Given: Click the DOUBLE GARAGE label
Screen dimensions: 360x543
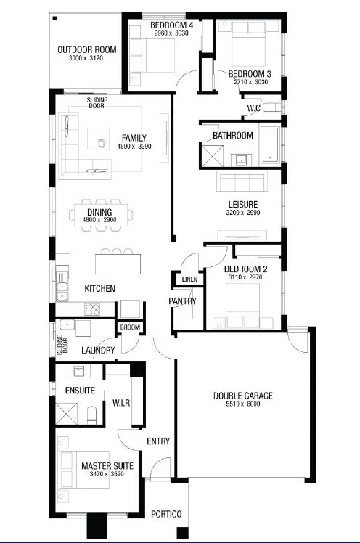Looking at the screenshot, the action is [x=243, y=396].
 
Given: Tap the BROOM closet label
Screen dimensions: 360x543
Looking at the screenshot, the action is [x=130, y=327].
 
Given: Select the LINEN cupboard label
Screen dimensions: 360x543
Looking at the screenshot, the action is [x=189, y=279].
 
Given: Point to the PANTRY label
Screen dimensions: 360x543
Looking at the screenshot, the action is [x=182, y=301].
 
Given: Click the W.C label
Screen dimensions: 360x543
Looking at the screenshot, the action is [x=254, y=108].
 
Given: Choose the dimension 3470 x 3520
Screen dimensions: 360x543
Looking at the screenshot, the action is [x=107, y=474].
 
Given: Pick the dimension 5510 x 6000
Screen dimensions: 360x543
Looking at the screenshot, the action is [x=243, y=404].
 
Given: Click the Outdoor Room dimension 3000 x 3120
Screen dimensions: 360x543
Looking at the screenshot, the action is [x=86, y=58].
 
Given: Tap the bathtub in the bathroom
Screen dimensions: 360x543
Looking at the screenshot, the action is [x=270, y=144].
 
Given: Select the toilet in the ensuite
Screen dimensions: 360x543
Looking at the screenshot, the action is [x=91, y=415].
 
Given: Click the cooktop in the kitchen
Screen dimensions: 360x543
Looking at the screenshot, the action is [x=92, y=309].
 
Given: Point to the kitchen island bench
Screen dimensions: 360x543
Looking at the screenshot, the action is [x=118, y=264].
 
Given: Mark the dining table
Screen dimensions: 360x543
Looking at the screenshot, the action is [x=101, y=215].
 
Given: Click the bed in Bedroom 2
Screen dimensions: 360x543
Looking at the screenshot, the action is [x=243, y=306].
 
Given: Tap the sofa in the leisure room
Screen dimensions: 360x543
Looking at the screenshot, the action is [x=242, y=181].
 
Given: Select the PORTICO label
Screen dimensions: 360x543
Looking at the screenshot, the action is [x=166, y=514].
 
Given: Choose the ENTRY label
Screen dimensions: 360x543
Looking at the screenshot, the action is [x=158, y=441].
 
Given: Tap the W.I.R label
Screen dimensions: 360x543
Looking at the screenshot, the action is [x=121, y=403].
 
